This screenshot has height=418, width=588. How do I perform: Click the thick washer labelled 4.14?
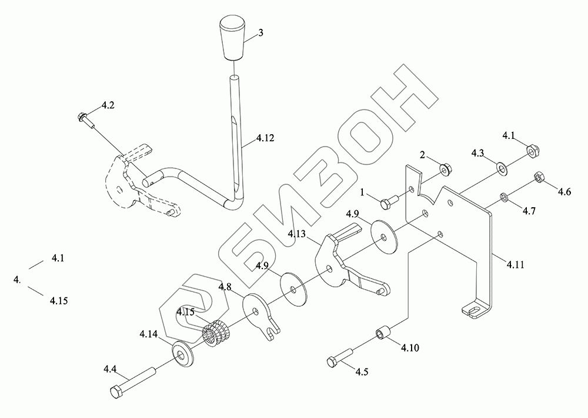pyautogui.click(x=182, y=352)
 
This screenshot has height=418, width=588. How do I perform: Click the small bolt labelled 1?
pyautogui.click(x=388, y=203)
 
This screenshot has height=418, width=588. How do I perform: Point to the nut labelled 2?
pyautogui.click(x=446, y=168)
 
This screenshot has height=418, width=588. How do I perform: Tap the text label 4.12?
pyautogui.click(x=265, y=140)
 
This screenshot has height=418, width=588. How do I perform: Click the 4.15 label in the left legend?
pyautogui.click(x=58, y=300)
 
